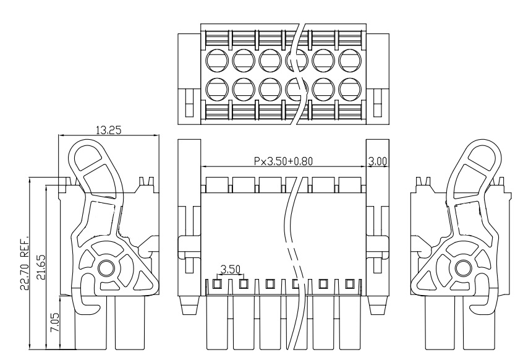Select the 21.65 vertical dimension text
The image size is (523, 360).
point(41,267)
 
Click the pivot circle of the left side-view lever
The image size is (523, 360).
point(106,268)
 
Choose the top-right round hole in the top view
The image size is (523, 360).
point(349,60)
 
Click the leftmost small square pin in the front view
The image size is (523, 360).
point(218,284)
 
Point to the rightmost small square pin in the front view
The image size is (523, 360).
point(351,284)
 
